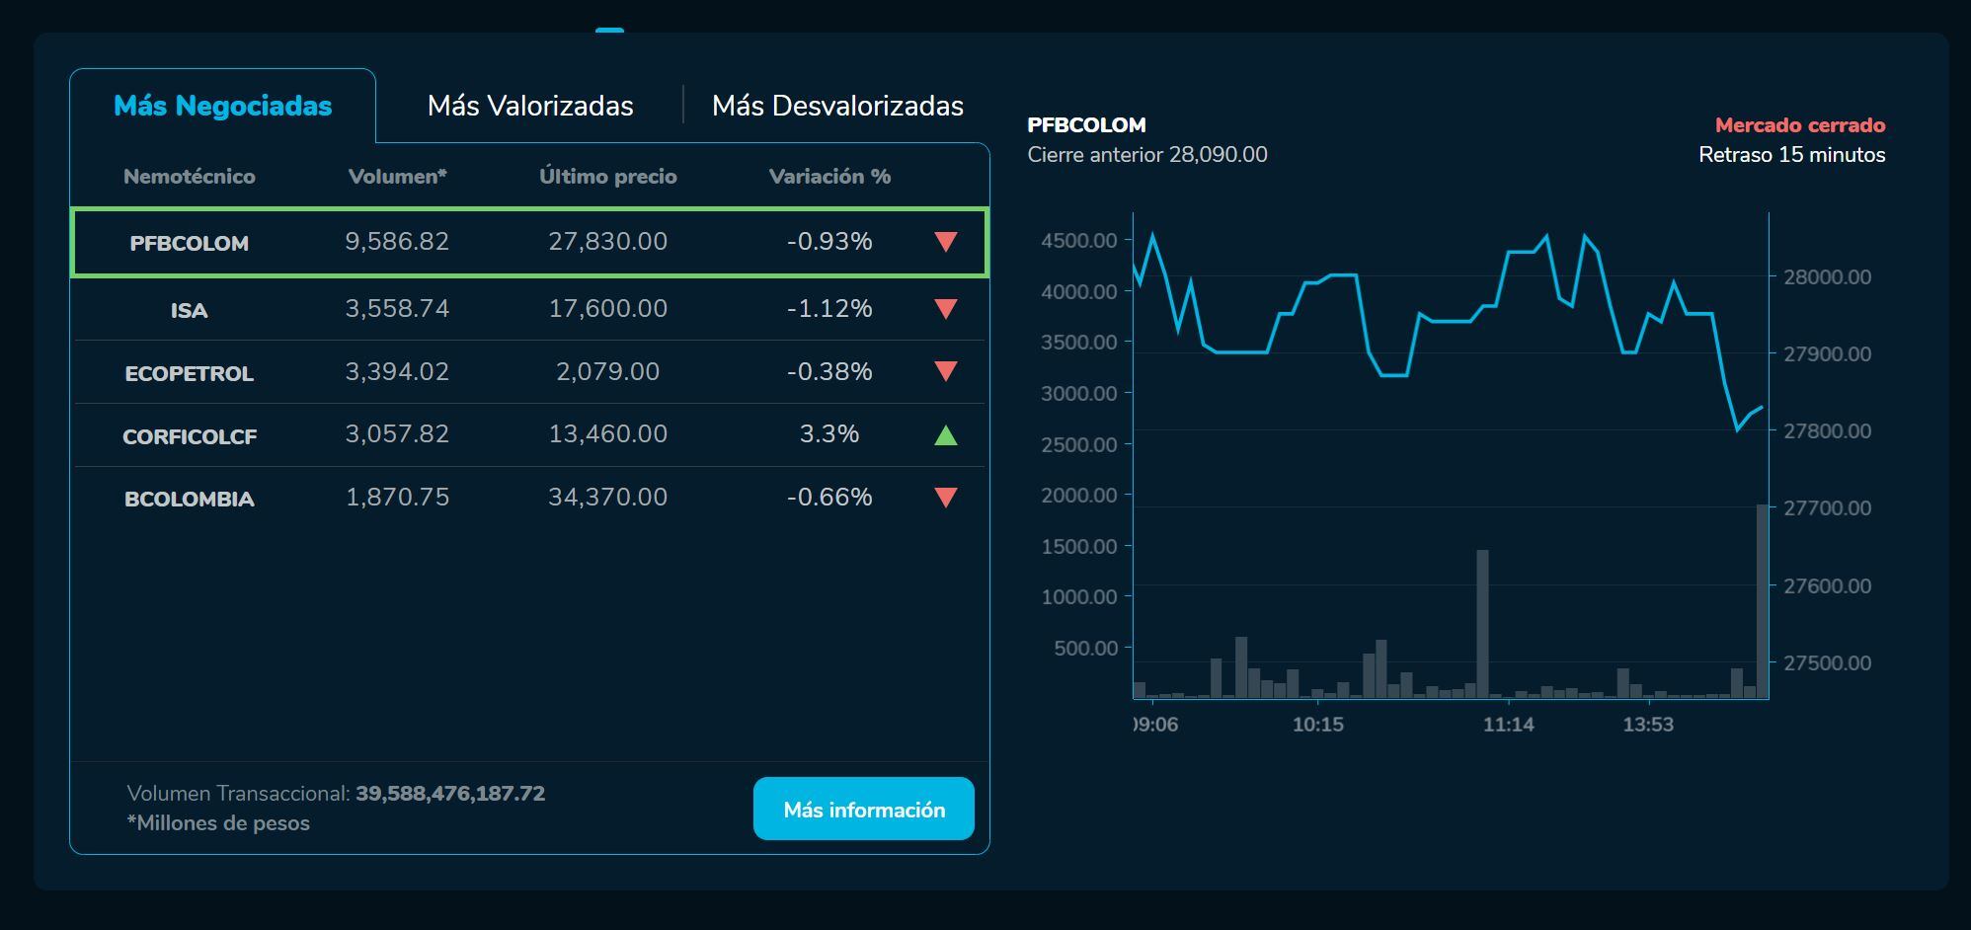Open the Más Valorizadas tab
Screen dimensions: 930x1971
(530, 106)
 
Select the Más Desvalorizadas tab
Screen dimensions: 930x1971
(837, 106)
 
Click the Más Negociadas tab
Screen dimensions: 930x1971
(222, 106)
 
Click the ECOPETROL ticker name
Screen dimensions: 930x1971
(189, 373)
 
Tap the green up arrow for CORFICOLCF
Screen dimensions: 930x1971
(945, 434)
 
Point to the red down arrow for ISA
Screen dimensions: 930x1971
(945, 309)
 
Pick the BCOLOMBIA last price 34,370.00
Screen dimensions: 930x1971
(607, 497)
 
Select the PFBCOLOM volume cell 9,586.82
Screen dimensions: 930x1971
(397, 242)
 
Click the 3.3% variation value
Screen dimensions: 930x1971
(829, 434)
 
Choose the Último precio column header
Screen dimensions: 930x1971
(607, 177)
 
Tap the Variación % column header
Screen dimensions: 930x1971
(829, 177)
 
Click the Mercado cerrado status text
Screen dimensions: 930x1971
(1799, 125)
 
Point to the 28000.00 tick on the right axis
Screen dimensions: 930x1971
(1827, 277)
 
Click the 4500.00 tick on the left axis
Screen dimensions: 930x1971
(1078, 240)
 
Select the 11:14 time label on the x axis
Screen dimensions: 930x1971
(1508, 725)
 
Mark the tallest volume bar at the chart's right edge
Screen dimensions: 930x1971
(1762, 602)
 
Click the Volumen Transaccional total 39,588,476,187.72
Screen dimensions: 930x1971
(450, 794)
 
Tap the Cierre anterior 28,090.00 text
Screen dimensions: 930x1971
(1146, 155)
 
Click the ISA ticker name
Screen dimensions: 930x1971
(189, 311)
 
